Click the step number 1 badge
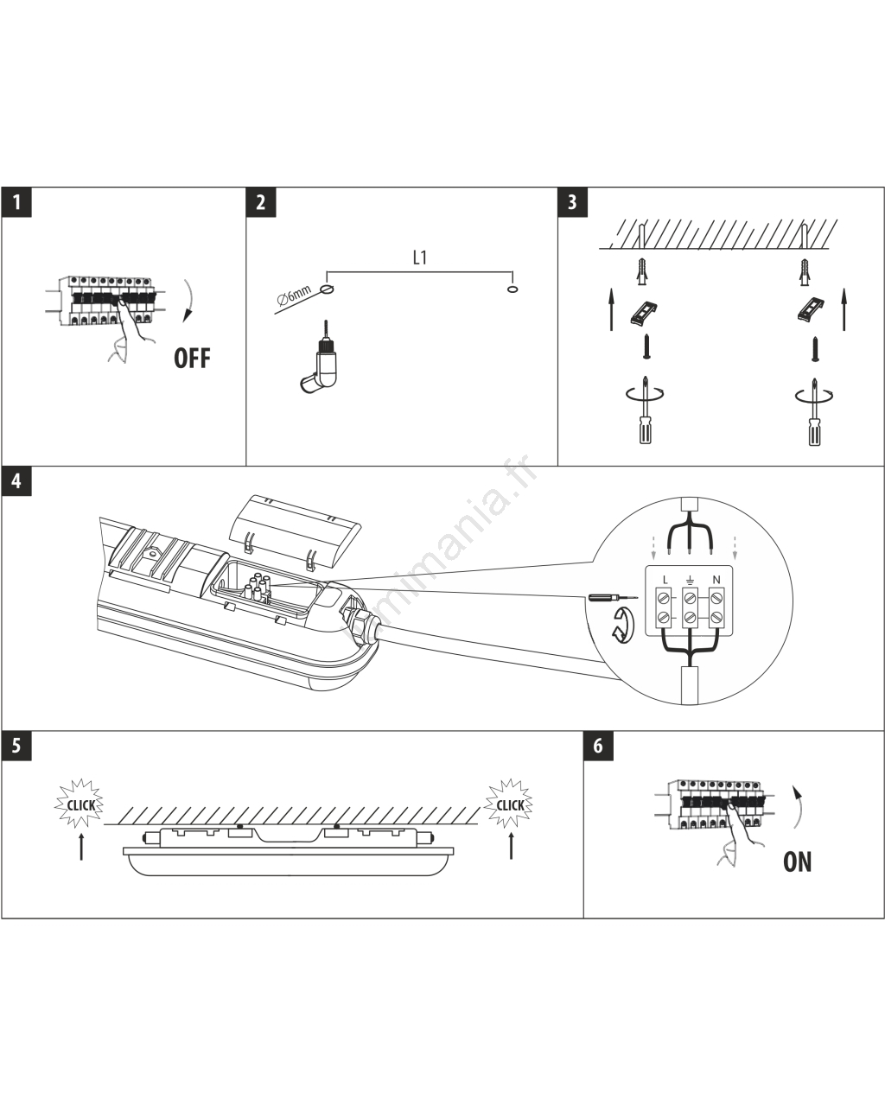click(16, 203)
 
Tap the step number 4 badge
click(16, 481)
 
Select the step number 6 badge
click(598, 746)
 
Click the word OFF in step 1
click(192, 358)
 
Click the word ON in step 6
click(797, 861)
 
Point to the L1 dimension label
click(420, 258)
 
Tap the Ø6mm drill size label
click(295, 298)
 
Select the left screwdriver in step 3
click(645, 414)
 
